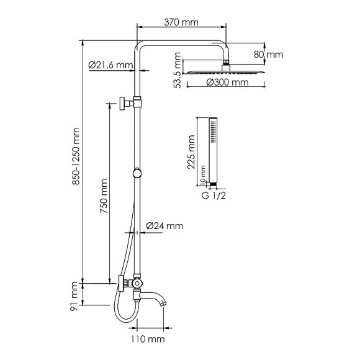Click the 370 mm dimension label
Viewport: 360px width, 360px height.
click(x=181, y=22)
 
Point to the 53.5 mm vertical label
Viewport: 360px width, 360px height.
click(x=178, y=71)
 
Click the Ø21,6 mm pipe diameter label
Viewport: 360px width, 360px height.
click(x=110, y=65)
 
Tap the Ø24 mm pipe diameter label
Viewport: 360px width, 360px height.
click(x=164, y=226)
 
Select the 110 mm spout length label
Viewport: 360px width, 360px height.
click(x=147, y=339)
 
